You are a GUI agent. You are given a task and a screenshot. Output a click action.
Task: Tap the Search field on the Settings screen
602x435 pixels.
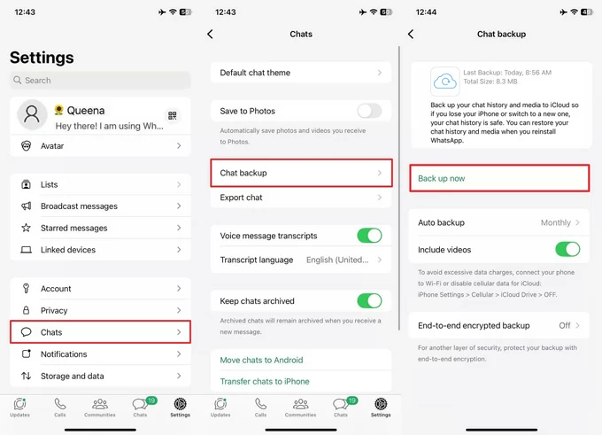[100, 81]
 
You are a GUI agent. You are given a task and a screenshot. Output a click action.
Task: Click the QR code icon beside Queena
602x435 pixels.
[173, 115]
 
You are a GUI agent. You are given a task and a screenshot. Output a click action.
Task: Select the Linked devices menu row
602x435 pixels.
[100, 250]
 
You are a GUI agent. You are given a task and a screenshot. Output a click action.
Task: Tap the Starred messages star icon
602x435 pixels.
[26, 228]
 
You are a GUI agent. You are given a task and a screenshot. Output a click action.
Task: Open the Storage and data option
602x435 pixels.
[100, 376]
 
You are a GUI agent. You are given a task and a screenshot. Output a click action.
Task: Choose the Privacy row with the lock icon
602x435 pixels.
[100, 310]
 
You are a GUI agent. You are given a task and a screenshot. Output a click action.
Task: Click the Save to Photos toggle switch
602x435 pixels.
[369, 111]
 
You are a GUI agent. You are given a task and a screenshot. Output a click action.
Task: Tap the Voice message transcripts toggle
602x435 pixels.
[369, 236]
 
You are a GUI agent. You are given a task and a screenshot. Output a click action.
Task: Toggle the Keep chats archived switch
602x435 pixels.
[369, 301]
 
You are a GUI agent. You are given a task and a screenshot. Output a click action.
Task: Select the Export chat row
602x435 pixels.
[301, 198]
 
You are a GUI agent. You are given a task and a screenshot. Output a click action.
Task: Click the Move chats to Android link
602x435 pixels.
[261, 360]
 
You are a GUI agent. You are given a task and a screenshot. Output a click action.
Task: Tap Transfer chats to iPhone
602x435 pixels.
[265, 381]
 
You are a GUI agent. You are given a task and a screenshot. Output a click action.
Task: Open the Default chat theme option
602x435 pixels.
[301, 73]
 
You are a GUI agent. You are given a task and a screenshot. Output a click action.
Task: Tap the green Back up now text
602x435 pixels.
[442, 178]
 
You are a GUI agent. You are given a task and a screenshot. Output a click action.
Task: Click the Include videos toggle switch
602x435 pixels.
[567, 250]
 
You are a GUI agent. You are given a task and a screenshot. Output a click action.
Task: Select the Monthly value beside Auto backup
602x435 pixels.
[556, 223]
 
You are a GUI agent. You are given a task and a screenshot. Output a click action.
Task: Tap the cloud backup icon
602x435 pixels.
[445, 82]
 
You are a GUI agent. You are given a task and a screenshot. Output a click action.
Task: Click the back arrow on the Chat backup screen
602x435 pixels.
[411, 35]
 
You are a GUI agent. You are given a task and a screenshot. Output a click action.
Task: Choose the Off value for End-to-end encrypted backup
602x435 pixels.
[565, 325]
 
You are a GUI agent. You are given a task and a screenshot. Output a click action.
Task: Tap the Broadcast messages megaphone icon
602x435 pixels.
[26, 206]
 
